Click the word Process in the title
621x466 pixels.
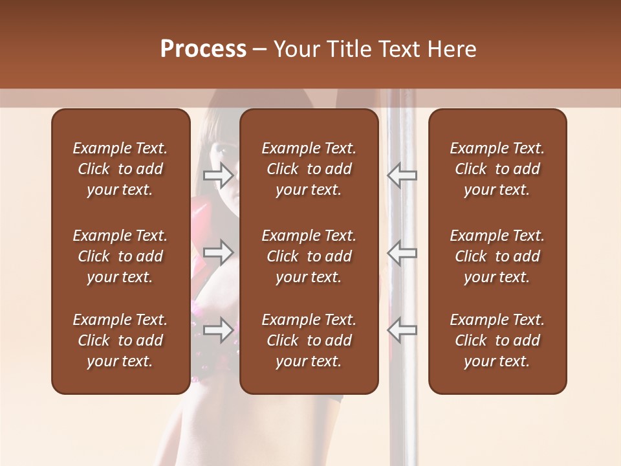tap(203, 49)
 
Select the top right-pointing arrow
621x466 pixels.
tap(218, 175)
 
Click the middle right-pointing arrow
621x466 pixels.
tap(218, 252)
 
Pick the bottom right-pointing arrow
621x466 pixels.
tap(218, 330)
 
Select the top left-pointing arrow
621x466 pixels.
tap(402, 175)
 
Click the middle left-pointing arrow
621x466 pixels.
tap(402, 252)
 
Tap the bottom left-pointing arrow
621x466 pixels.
tap(402, 330)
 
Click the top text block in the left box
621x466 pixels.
tap(120, 169)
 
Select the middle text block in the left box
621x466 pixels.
tap(120, 256)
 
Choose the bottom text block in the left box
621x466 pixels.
tap(120, 340)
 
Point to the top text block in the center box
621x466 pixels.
tap(309, 169)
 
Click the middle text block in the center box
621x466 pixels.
tap(309, 256)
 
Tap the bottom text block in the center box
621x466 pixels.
tap(309, 340)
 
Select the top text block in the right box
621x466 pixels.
tap(497, 169)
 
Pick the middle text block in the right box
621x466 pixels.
tap(497, 256)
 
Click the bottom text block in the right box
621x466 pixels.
tap(497, 340)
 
